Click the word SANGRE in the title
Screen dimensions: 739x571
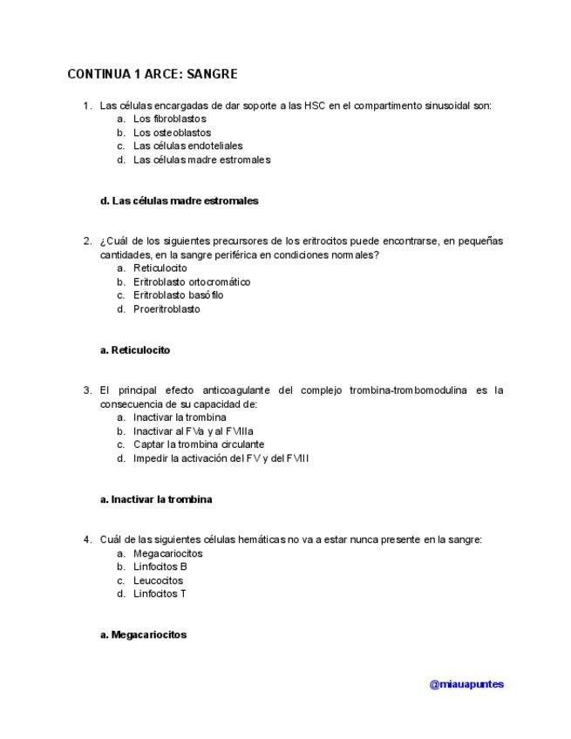(212, 75)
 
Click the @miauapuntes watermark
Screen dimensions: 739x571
(466, 684)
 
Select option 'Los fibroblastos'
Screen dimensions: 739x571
(169, 119)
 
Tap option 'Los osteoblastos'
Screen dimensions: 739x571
(172, 132)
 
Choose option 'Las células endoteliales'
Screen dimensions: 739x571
(187, 146)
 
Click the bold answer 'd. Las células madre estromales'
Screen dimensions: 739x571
(180, 200)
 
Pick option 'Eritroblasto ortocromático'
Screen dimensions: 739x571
(192, 282)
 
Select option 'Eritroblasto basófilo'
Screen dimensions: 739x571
(178, 295)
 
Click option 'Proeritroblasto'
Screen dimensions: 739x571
(167, 308)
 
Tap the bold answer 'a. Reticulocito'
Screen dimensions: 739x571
(135, 350)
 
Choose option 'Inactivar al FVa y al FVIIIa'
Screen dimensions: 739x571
(193, 431)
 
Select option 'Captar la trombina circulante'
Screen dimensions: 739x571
(198, 444)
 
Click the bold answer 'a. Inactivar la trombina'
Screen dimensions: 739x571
(157, 499)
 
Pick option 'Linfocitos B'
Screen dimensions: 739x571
(160, 566)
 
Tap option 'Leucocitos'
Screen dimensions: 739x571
(158, 580)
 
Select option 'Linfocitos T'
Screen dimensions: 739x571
(160, 593)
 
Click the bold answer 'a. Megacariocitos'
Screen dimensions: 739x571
(144, 635)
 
